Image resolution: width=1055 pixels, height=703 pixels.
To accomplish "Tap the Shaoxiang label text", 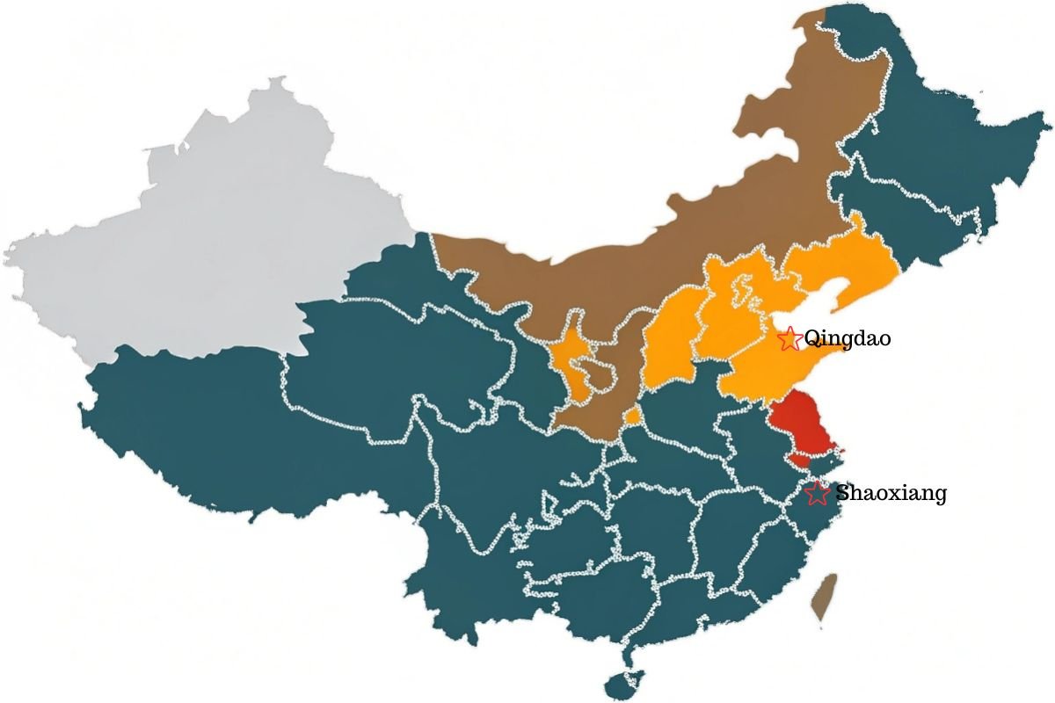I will [x=891, y=493].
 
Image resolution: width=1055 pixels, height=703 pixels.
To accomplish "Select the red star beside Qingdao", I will [x=789, y=338].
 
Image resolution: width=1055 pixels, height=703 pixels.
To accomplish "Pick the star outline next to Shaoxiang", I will [x=818, y=493].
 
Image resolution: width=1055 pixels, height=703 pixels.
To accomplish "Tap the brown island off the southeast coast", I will [x=824, y=598].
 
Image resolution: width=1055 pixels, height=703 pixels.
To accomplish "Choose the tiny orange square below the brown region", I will [x=633, y=416].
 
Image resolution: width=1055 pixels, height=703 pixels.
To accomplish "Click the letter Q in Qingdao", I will [x=811, y=338].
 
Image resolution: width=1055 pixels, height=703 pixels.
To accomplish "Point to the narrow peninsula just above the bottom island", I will [x=627, y=655].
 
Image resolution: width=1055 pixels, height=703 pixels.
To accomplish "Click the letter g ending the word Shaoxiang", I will [x=941, y=496].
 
